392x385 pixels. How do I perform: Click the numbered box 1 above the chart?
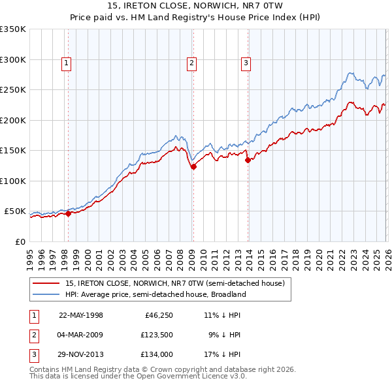click(67, 63)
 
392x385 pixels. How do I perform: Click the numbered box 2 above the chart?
click(191, 63)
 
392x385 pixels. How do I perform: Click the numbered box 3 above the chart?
click(246, 63)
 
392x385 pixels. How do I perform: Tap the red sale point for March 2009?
click(193, 167)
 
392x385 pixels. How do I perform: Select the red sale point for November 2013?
click(248, 161)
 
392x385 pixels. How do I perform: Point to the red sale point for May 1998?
click(69, 213)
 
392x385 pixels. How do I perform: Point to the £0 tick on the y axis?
click(20, 241)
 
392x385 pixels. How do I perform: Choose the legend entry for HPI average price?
click(155, 294)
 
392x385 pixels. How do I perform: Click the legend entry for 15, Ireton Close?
click(174, 284)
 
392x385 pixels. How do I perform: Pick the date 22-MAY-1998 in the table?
click(81, 315)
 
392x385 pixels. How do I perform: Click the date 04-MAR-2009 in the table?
click(81, 335)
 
